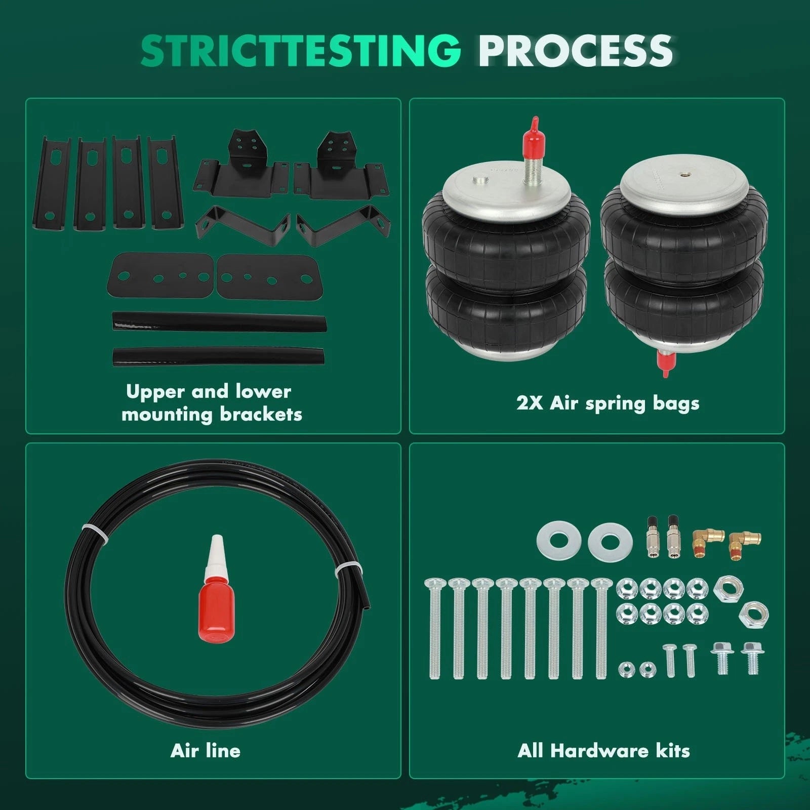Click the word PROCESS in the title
[x=576, y=51]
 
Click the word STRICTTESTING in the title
[x=301, y=51]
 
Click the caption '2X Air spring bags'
[x=607, y=403]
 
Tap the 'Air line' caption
[x=206, y=750]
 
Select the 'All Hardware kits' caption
[x=603, y=750]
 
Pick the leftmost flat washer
[x=559, y=540]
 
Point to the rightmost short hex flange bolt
[x=752, y=658]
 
